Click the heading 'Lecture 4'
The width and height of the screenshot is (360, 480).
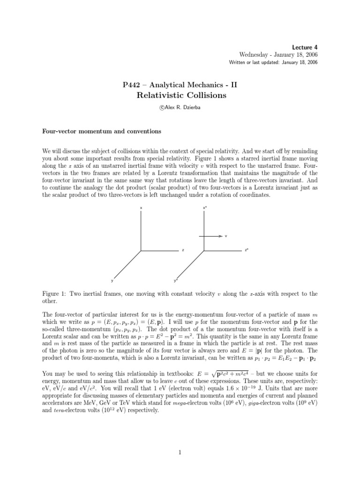pyautogui.click(x=305, y=47)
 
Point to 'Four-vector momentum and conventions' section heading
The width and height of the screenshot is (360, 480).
pyautogui.click(x=102, y=132)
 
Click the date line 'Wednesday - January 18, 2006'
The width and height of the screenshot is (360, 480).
pyautogui.click(x=278, y=55)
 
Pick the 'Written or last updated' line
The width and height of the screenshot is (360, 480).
pyautogui.click(x=273, y=63)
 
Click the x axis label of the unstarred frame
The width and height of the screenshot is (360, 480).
pyautogui.click(x=141, y=207)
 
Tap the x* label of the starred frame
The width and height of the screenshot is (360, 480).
pyautogui.click(x=205, y=207)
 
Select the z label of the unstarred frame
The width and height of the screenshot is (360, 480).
pyautogui.click(x=183, y=250)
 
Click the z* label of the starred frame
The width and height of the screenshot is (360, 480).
pyautogui.click(x=247, y=250)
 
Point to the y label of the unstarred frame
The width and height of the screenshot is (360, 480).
pyautogui.click(x=112, y=281)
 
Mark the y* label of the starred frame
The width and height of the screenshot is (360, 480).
pyautogui.click(x=175, y=281)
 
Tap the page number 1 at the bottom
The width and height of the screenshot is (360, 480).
pyautogui.click(x=180, y=452)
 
